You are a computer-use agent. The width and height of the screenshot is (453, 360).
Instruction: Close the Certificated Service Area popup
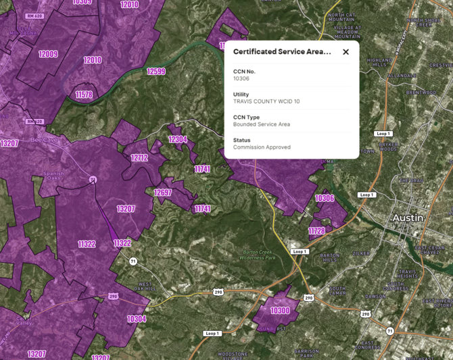[x=345, y=52]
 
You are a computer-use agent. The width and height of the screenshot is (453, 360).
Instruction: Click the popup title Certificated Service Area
[x=282, y=52]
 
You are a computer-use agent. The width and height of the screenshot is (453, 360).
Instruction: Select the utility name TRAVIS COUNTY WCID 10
[x=266, y=101]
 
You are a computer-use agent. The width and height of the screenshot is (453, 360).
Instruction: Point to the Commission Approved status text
[x=262, y=147]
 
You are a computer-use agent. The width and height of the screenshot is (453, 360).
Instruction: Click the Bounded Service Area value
[x=262, y=124]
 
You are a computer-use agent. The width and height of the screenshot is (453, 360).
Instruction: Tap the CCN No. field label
[x=244, y=72]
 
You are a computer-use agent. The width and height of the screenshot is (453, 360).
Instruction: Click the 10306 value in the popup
[x=241, y=79]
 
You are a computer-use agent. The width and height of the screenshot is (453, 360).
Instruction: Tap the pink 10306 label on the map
[x=325, y=199]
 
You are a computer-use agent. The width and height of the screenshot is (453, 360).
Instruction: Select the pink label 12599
[x=156, y=72]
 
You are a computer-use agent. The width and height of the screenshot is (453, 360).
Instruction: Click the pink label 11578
[x=84, y=95]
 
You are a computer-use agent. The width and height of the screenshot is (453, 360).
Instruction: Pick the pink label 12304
[x=178, y=140]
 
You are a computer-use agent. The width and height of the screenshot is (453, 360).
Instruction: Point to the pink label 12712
[x=139, y=158]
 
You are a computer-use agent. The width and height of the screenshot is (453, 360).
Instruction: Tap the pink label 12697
[x=162, y=193]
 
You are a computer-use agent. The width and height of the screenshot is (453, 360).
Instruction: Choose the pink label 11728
[x=316, y=231]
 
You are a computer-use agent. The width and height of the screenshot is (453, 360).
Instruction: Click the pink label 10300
[x=280, y=311]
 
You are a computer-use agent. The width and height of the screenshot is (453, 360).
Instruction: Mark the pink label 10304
[x=137, y=319]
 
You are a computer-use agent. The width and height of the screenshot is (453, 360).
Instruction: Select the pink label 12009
[x=48, y=54]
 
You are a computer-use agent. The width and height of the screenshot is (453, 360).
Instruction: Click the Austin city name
[x=408, y=218]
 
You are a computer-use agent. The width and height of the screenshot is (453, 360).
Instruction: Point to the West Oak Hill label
[x=145, y=287]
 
